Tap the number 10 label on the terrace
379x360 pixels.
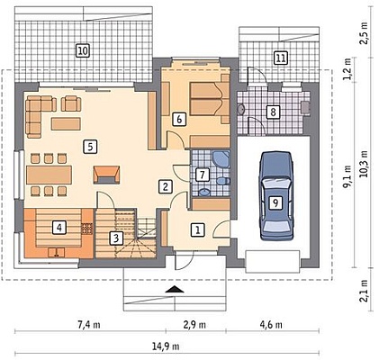pos(83,50)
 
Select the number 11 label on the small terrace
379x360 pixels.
pos(281,58)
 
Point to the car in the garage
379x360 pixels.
pos(276,196)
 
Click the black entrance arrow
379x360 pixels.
pos(174,289)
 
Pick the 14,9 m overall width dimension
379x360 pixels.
pos(166,346)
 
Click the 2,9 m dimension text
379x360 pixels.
pos(194,325)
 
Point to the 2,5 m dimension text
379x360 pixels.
pos(365,33)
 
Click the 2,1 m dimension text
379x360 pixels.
pos(365,291)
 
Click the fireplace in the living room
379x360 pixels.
pos(106,175)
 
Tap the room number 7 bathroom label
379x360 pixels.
pos(203,175)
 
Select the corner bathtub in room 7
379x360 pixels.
pos(221,159)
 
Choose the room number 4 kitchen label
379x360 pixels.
pos(59,228)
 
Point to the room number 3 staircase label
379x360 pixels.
pos(116,238)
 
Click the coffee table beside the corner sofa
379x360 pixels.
pos(66,124)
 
